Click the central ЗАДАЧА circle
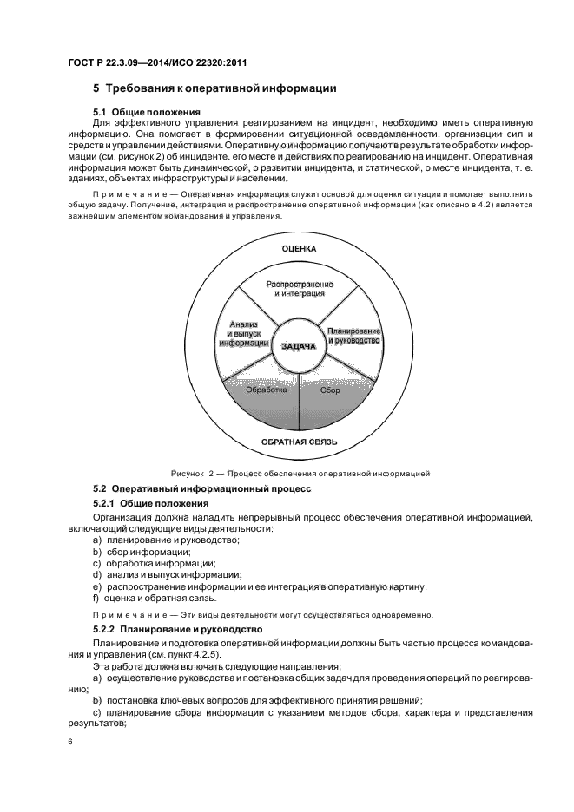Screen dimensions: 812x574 (x=300, y=346)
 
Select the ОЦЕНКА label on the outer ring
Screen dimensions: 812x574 (x=300, y=249)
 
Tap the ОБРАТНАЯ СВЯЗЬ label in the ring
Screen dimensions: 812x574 (x=300, y=442)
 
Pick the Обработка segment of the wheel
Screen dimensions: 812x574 (x=266, y=391)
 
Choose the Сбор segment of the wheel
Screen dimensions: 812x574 (x=330, y=391)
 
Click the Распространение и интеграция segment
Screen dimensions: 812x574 (x=300, y=290)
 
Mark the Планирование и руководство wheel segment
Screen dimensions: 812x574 (x=354, y=336)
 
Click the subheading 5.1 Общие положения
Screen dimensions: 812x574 (x=147, y=113)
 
